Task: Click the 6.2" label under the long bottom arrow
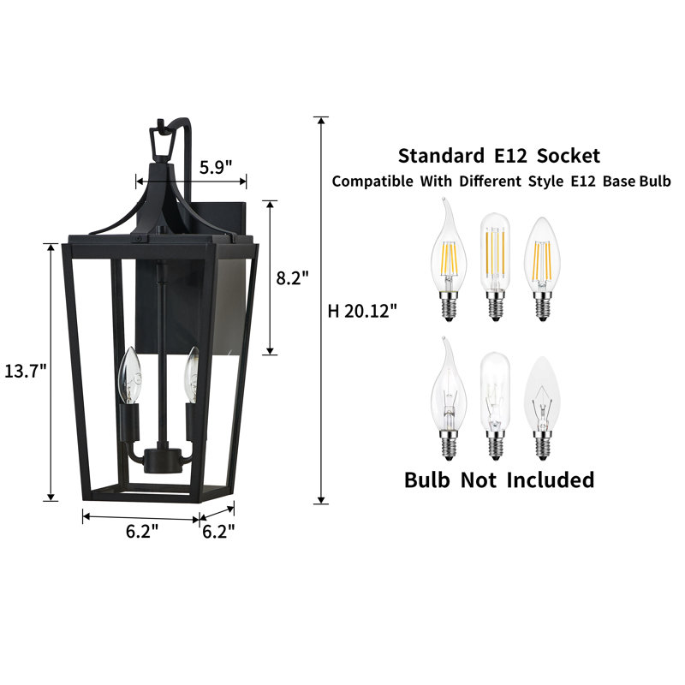(x=142, y=531)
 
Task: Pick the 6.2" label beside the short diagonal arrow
(x=218, y=531)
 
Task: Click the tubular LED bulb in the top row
(x=494, y=257)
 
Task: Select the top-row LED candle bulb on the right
(x=541, y=257)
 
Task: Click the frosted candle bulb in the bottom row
(x=541, y=398)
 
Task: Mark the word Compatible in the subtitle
(x=372, y=182)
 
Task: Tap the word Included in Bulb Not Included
(x=550, y=479)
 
